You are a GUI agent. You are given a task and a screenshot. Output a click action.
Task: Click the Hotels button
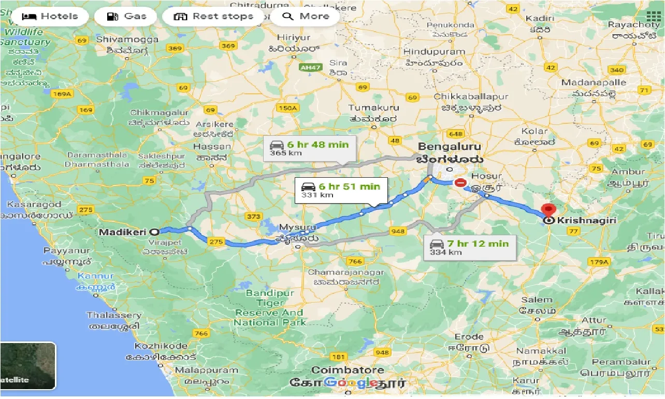[x=50, y=16]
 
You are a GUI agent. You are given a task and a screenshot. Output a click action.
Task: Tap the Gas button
[x=127, y=16]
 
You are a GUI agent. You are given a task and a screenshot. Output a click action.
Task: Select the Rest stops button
[x=213, y=16]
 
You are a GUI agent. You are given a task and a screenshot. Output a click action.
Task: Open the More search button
[x=306, y=16]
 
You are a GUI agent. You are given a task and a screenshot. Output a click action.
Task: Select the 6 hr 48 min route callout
[x=309, y=148]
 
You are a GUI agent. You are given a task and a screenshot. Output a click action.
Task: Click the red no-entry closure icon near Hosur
[x=460, y=183]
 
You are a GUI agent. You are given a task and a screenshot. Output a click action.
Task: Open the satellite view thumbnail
[x=28, y=366]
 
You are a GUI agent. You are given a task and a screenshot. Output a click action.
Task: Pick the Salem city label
[x=537, y=300]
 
